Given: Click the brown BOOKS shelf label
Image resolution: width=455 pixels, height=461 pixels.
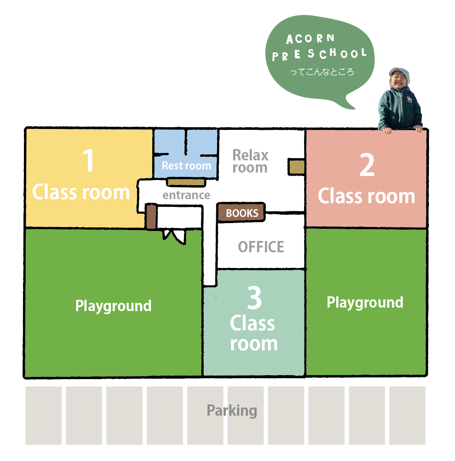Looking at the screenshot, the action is click(x=241, y=212).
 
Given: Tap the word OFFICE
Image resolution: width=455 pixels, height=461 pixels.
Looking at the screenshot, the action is click(x=261, y=247).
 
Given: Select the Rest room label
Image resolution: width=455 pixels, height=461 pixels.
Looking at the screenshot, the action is click(x=187, y=166).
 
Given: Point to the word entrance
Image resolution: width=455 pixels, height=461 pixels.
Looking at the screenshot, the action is click(x=187, y=195).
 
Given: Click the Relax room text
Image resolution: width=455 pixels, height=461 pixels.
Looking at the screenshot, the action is click(x=251, y=161).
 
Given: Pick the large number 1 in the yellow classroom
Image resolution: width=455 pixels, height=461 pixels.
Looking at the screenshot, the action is click(x=88, y=160).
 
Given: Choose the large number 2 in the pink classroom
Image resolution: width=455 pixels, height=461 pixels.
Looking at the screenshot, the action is click(x=367, y=165).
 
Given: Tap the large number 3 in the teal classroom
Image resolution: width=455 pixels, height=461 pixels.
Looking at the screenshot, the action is click(x=254, y=298).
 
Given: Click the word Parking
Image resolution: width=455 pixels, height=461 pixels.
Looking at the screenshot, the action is click(x=232, y=411).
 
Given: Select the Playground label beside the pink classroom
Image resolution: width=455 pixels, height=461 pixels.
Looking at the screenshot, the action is click(x=365, y=302).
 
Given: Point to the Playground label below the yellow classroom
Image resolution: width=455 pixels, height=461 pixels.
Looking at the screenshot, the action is click(x=113, y=306).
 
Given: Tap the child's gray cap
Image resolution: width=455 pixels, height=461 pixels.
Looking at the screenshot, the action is click(x=399, y=72).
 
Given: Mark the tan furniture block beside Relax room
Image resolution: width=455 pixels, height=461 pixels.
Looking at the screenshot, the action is click(x=297, y=167).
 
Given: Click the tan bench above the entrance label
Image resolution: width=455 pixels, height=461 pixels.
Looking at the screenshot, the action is click(x=186, y=182).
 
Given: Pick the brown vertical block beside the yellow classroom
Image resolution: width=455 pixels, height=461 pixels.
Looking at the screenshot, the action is click(x=151, y=217).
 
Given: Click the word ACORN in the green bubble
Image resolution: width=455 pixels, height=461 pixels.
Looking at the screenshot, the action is click(x=310, y=39).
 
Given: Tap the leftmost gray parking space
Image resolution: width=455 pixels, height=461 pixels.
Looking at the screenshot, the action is click(x=43, y=415).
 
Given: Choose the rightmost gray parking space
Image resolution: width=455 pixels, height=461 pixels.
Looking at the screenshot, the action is click(x=407, y=415).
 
